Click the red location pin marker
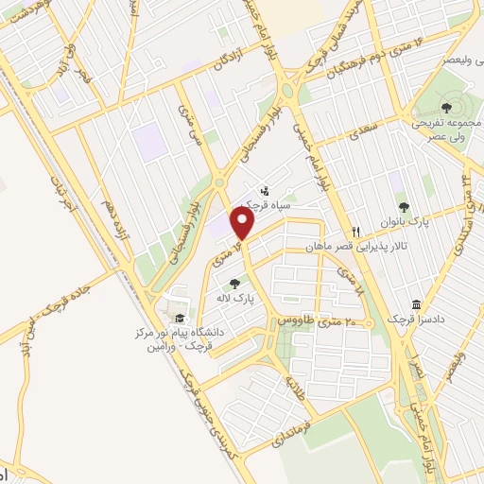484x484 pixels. (x=243, y=224)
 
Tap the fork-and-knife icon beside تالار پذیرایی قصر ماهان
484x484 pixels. (x=356, y=231)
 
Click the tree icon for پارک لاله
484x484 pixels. (x=234, y=282)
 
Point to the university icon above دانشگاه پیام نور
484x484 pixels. (x=180, y=318)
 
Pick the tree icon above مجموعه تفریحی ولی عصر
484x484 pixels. (x=446, y=108)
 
